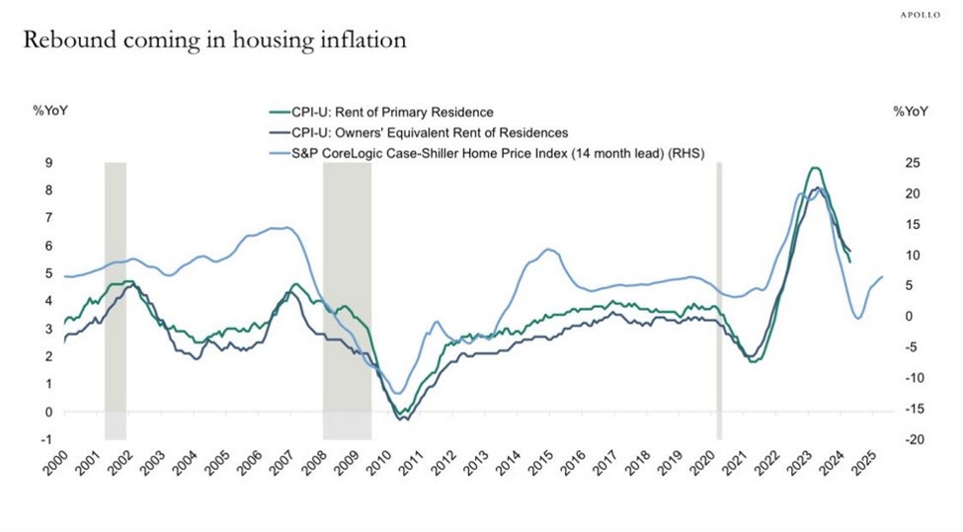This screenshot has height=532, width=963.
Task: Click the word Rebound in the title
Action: click(63, 41)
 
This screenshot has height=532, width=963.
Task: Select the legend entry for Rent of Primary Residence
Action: click(390, 112)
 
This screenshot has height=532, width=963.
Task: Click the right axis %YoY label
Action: click(911, 112)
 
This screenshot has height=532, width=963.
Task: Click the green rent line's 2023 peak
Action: click(813, 169)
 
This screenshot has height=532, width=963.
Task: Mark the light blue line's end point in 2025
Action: click(882, 276)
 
